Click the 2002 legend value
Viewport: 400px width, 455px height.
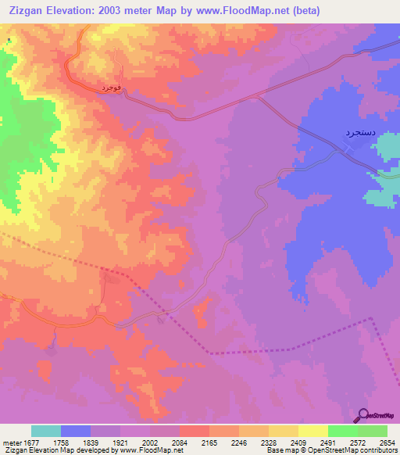[x=151, y=442]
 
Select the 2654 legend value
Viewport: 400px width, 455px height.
[x=387, y=442]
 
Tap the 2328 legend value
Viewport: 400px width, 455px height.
[x=268, y=442]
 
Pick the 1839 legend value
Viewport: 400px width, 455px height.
[x=91, y=442]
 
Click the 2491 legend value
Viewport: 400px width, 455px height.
[x=327, y=442]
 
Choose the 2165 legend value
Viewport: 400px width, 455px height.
[x=209, y=442]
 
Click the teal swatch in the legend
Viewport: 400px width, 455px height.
[x=46, y=431]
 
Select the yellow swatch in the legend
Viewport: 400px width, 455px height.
[x=312, y=431]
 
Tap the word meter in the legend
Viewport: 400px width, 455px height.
[x=10, y=442]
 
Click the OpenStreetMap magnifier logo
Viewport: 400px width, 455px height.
[x=363, y=415]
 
